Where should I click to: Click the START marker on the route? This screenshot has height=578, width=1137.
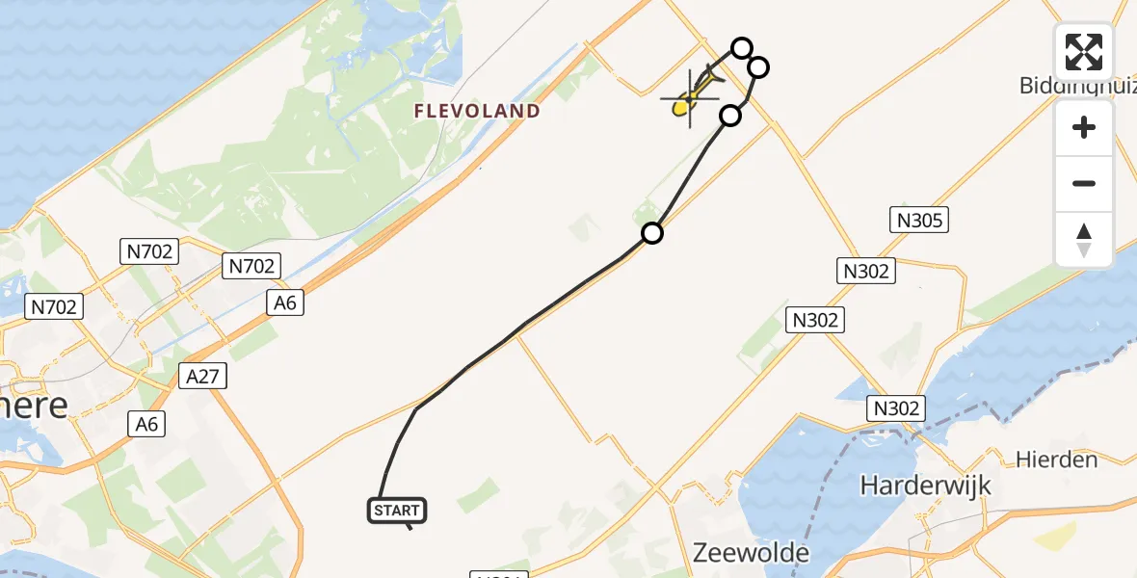(397, 511)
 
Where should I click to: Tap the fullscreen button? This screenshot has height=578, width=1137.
(1084, 52)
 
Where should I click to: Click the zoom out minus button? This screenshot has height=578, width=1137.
(1084, 183)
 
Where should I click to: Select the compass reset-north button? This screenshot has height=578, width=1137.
(1084, 239)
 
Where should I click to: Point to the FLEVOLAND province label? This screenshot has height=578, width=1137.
(477, 112)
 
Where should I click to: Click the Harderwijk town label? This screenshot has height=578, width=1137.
(926, 485)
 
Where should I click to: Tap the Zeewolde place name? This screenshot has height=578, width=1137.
(752, 553)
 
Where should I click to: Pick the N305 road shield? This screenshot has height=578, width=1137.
(918, 221)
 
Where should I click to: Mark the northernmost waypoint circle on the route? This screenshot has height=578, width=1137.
(741, 47)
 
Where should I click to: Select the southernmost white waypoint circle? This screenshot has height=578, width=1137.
(652, 233)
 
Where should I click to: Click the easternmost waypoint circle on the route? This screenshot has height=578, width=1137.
(758, 66)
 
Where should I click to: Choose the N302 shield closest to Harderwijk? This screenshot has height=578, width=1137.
(895, 407)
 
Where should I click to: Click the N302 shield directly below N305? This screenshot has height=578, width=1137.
(866, 271)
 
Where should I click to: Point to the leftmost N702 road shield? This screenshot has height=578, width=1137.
(54, 306)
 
